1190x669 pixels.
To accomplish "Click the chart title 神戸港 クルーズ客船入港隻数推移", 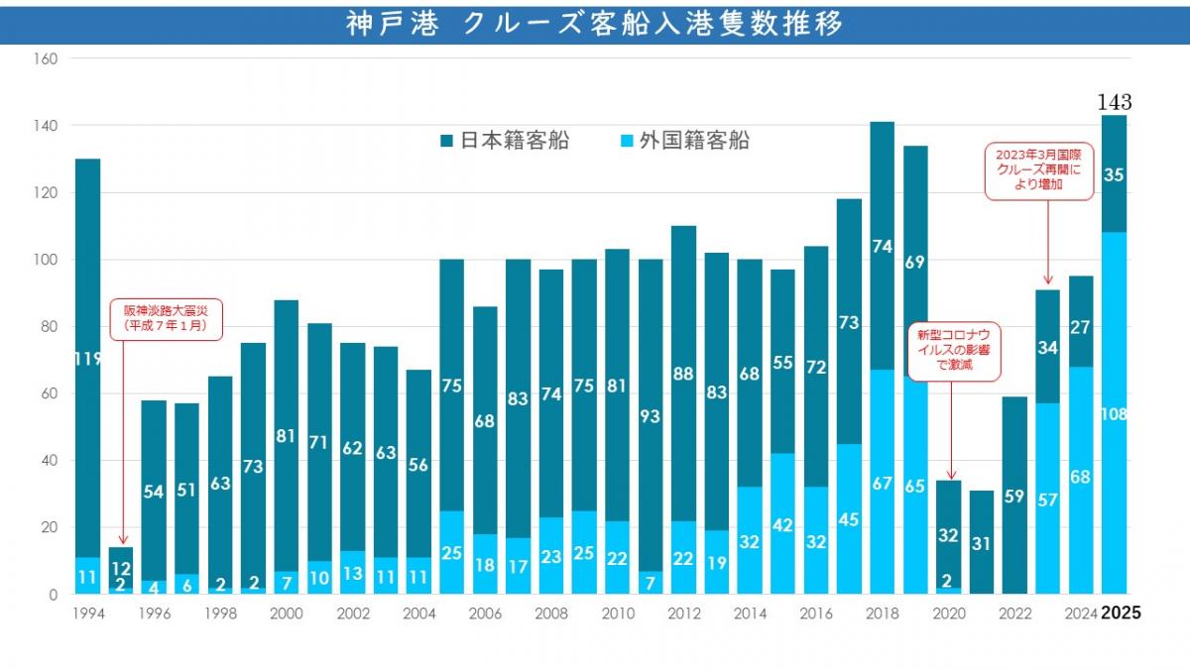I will (x=595, y=24).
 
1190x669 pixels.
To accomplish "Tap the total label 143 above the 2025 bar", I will (x=1114, y=102).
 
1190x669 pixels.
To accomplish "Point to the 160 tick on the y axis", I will (x=47, y=58).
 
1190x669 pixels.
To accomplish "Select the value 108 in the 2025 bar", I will (x=1114, y=414).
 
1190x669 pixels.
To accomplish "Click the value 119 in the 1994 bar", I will (x=87, y=360).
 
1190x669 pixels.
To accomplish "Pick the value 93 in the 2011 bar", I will (x=651, y=417).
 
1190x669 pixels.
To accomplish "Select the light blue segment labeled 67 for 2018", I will (x=882, y=483).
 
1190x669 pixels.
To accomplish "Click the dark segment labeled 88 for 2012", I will (x=683, y=375).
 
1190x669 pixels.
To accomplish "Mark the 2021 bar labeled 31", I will (x=982, y=543).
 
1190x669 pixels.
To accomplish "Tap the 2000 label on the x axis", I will (x=286, y=613).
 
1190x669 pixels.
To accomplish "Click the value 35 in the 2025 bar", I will (x=1114, y=174).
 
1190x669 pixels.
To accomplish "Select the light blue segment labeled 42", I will (x=782, y=524).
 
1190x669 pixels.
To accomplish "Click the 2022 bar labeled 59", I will (x=1014, y=496).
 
